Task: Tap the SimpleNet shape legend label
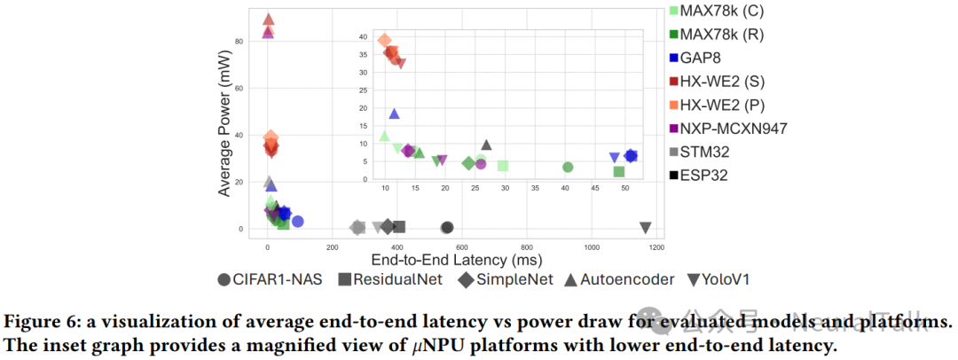coord(506,279)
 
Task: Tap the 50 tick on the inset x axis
coord(624,189)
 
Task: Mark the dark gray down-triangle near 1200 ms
coord(645,228)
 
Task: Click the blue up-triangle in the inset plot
coord(394,113)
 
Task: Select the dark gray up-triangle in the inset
coord(486,145)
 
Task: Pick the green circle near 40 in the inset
coord(568,167)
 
